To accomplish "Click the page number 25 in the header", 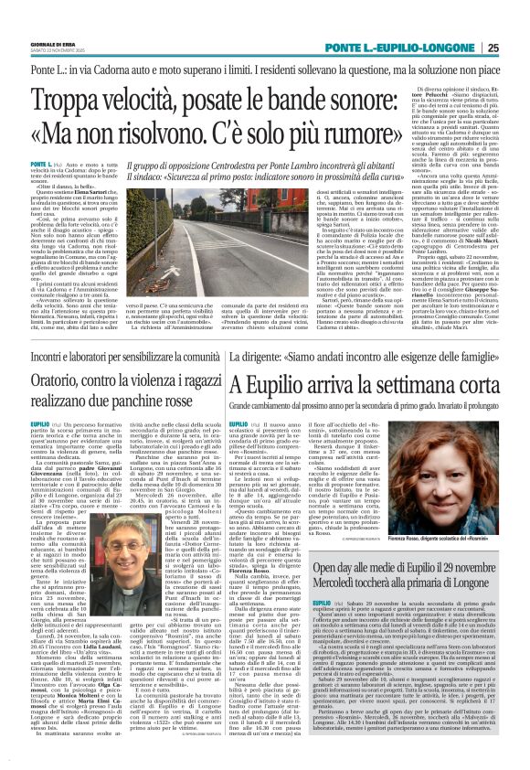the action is coord(518,48).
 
